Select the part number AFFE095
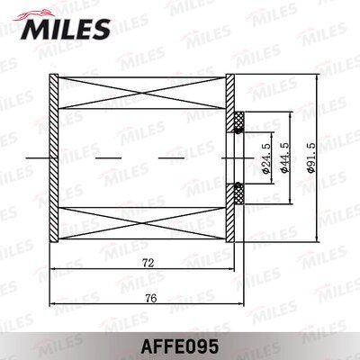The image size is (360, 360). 179,344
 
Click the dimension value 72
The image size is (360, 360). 148,262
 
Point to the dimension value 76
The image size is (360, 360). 148,297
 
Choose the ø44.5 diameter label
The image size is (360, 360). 286,157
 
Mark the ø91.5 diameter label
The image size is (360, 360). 312,157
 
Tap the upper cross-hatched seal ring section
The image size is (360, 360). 239,121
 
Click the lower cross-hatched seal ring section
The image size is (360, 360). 239,192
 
